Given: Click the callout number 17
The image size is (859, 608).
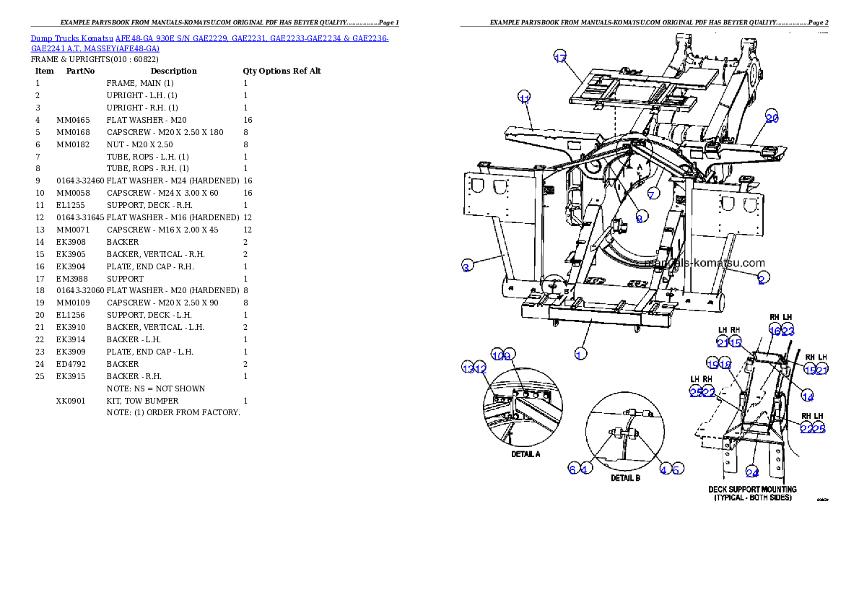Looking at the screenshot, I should [560, 58].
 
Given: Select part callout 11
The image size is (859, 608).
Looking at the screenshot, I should [524, 99].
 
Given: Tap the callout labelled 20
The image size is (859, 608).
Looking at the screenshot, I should [772, 118].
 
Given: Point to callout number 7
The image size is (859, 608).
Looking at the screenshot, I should [653, 194].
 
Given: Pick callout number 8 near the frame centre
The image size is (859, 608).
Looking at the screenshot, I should [640, 218].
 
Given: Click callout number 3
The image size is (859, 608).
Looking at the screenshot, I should [467, 266].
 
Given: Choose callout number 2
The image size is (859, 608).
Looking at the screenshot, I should [762, 278].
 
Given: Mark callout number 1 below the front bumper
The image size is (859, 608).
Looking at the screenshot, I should [580, 353].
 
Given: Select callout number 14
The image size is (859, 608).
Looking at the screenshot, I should [808, 396].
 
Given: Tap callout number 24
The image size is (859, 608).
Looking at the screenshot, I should [751, 473].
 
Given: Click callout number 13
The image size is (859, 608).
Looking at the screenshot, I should [468, 368].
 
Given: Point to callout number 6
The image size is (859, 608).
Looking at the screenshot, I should [572, 469].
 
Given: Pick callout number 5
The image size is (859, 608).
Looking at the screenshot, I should [676, 469].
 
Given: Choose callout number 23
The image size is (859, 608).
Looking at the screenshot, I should [788, 331].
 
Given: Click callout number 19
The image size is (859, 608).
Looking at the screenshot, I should [712, 365].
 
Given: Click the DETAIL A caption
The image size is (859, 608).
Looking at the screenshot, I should [526, 454].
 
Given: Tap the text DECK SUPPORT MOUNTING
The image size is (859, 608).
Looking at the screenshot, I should [752, 490].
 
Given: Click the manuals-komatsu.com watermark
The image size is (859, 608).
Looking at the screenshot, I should [707, 264].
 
